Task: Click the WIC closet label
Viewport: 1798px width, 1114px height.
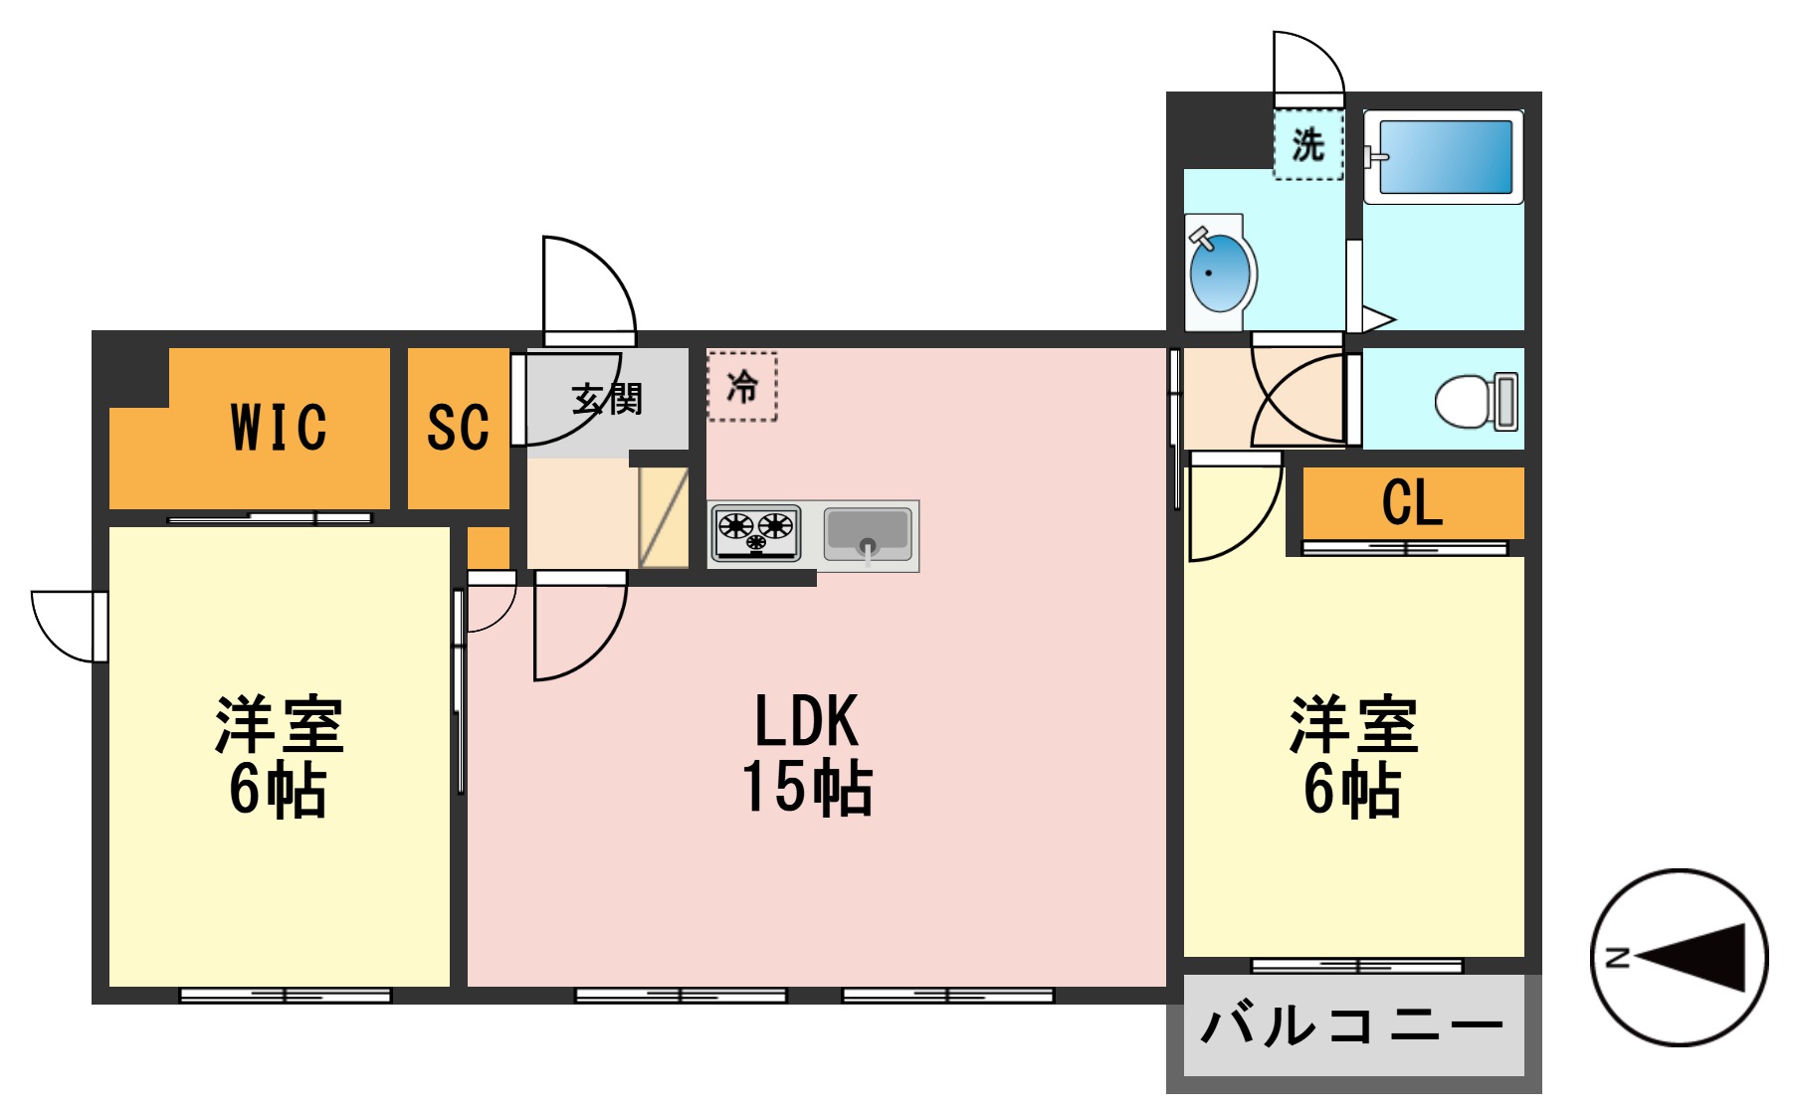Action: pyautogui.click(x=279, y=428)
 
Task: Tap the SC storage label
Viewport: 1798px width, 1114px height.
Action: pyautogui.click(x=458, y=428)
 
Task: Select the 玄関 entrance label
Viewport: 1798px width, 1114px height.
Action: pyautogui.click(x=607, y=399)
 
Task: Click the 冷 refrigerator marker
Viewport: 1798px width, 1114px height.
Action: pyautogui.click(x=742, y=387)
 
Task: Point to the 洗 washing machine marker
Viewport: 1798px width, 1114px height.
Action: pyautogui.click(x=1308, y=145)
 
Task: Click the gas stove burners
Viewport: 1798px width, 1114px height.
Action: pyautogui.click(x=756, y=531)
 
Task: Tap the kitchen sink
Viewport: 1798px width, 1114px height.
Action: pyautogui.click(x=868, y=534)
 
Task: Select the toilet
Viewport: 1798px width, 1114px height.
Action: pyautogui.click(x=1477, y=401)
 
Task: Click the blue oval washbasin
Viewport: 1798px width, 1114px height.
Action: pyautogui.click(x=1220, y=272)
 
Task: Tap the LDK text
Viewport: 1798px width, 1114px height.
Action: pyautogui.click(x=806, y=721)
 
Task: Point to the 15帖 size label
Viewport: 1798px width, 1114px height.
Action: pyautogui.click(x=807, y=788)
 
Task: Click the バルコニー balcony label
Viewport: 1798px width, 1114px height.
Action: pyautogui.click(x=1352, y=1025)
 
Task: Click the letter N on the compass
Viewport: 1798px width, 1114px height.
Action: pyautogui.click(x=1618, y=958)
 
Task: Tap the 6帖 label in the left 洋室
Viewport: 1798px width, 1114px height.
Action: pyautogui.click(x=278, y=790)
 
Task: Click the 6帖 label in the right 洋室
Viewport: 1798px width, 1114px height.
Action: pyautogui.click(x=1352, y=790)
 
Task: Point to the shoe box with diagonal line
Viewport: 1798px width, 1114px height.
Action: pyautogui.click(x=664, y=517)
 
